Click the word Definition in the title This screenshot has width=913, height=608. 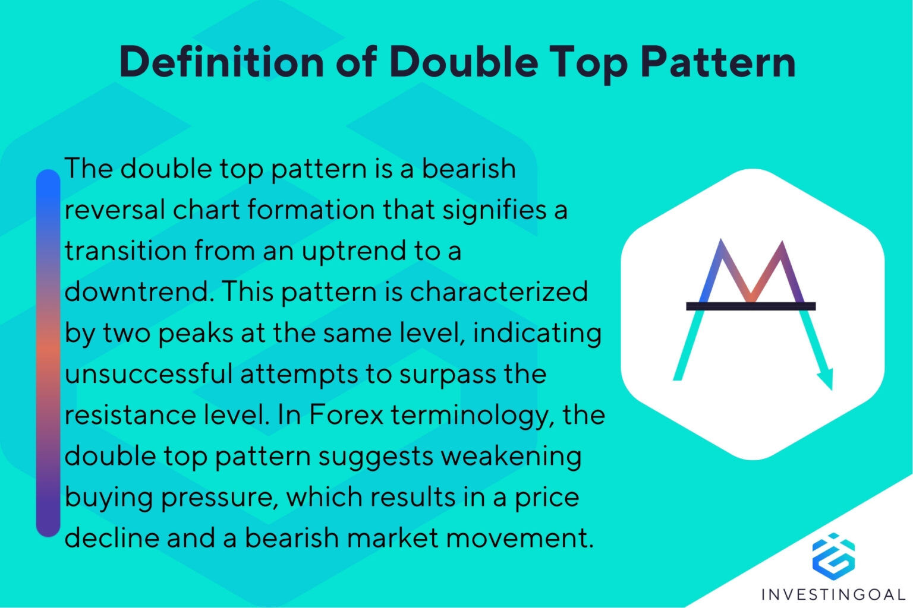[221, 62]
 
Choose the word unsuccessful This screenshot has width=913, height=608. [148, 374]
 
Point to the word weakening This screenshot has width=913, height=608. [511, 457]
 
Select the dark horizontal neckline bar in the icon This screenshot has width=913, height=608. [751, 306]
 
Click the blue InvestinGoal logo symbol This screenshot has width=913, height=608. [833, 556]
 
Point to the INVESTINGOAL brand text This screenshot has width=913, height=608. [833, 594]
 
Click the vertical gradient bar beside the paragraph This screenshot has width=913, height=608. [48, 353]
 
